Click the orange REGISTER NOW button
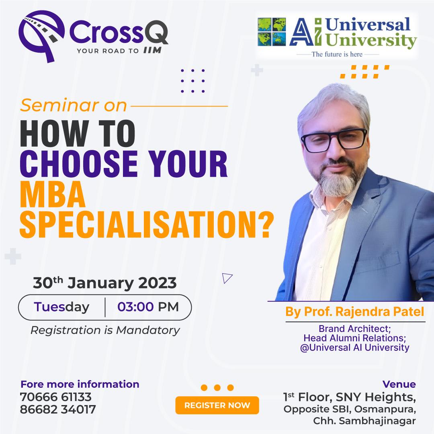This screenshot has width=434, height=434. coord(217,405)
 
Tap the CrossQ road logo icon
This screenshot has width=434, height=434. coord(41,36)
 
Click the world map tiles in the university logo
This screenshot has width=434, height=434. coord(272,32)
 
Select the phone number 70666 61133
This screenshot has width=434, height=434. coord(55,397)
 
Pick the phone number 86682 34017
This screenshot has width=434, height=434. coord(58,409)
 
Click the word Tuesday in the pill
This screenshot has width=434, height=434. coord(61,307)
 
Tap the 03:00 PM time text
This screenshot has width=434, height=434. coord(148,307)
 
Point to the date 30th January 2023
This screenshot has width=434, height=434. coord(104,283)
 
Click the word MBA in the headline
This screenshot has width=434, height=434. coord(53,194)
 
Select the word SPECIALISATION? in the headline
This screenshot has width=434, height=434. coord(147,225)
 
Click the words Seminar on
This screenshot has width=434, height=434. coord(74,105)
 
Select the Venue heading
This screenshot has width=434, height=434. coord(399,384)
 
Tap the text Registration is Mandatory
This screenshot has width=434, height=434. coord(105,330)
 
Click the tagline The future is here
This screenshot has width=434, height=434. coord(337,54)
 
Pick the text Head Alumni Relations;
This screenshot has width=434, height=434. coord(355,338)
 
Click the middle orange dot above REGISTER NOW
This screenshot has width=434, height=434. coord(217,387)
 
